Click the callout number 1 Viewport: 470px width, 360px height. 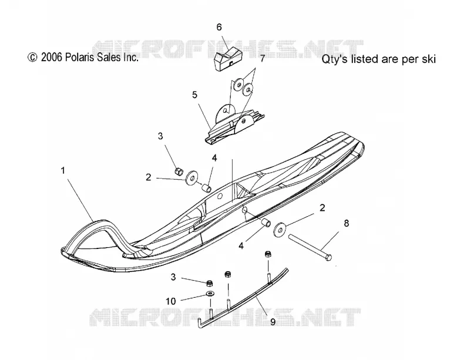coord(63,170)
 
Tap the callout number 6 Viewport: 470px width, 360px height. coord(219,27)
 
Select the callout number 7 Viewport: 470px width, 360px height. coord(263,59)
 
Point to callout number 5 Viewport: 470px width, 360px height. coord(195,95)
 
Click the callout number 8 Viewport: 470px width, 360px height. coord(346,223)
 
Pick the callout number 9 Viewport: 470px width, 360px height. coord(273,322)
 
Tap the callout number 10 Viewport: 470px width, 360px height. coord(171,301)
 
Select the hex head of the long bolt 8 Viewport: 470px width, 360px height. coord(328,257)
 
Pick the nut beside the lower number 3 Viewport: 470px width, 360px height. coord(210,282)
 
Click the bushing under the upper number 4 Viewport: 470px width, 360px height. coord(206,189)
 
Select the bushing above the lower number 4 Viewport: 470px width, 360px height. coord(266,224)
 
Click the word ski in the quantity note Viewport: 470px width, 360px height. coord(429,59)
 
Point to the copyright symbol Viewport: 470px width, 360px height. coord(32,57)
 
